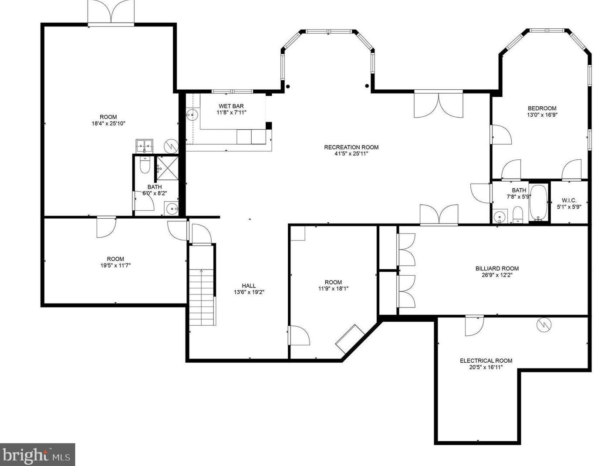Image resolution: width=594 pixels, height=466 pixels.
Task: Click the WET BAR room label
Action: [x=231, y=106]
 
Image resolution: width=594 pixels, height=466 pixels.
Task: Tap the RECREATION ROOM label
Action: [x=351, y=147]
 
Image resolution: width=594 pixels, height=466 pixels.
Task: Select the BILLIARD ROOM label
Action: [x=497, y=269]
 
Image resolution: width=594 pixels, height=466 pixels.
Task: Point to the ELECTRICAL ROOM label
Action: [x=486, y=361]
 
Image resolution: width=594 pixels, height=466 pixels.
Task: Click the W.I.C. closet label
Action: [x=569, y=201]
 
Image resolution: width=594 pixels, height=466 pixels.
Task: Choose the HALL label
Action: [x=249, y=286]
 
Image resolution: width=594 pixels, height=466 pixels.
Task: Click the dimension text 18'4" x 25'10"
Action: [x=108, y=124]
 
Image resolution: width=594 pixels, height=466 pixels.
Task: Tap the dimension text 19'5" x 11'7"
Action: [x=115, y=265]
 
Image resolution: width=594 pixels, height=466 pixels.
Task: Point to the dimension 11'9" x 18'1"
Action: [x=333, y=289]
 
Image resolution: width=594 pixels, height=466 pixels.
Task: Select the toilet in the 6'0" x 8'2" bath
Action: [x=145, y=165]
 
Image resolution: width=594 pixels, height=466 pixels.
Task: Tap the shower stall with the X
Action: [x=167, y=168]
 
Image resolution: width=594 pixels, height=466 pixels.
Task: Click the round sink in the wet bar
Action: [x=192, y=115]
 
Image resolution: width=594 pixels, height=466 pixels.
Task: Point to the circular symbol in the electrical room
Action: [x=544, y=325]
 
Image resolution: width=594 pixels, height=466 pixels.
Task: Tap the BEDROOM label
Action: [x=542, y=108]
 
